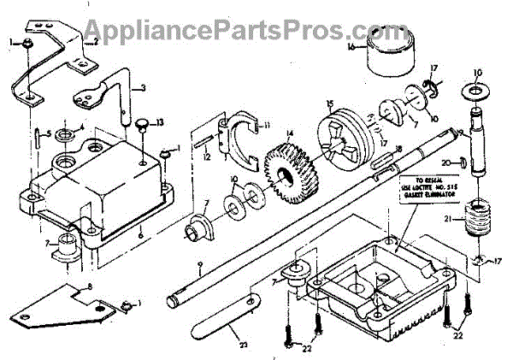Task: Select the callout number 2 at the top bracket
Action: (x=96, y=40)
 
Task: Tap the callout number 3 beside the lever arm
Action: (x=143, y=88)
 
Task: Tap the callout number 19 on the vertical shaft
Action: (x=460, y=133)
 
